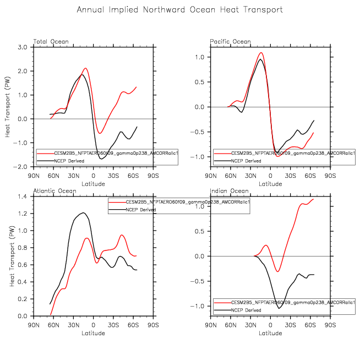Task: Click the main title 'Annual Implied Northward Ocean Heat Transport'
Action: pos(180,10)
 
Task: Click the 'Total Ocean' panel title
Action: pos(47,42)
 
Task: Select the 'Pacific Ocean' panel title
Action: pos(230,42)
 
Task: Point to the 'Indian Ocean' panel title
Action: pos(228,191)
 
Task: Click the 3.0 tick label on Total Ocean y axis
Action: pos(23,47)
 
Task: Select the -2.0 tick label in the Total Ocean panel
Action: pos(21,166)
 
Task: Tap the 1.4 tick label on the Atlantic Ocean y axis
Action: pos(23,197)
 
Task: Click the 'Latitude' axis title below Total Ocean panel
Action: pos(94,183)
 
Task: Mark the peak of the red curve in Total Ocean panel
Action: pos(85,68)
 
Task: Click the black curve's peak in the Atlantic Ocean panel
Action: pos(83,212)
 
